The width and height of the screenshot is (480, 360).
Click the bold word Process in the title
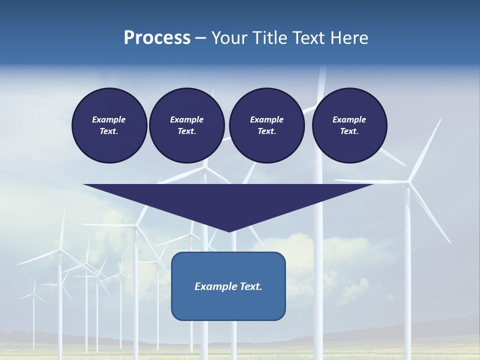[157, 38]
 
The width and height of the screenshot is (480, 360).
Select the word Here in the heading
[349, 38]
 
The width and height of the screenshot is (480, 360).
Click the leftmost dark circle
[109, 125]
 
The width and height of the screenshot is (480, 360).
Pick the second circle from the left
[186, 125]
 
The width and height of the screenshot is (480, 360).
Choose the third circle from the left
[266, 125]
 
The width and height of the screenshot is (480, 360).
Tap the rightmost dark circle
[349, 125]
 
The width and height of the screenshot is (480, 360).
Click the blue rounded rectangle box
[228, 286]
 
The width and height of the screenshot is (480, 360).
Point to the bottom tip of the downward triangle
[229, 231]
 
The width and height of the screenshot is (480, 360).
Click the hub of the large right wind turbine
[408, 183]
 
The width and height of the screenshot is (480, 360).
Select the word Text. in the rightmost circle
[349, 131]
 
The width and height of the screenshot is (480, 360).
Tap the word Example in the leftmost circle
[109, 119]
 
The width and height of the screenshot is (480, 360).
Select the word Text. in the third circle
[266, 131]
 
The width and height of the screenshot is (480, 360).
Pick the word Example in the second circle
[186, 119]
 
